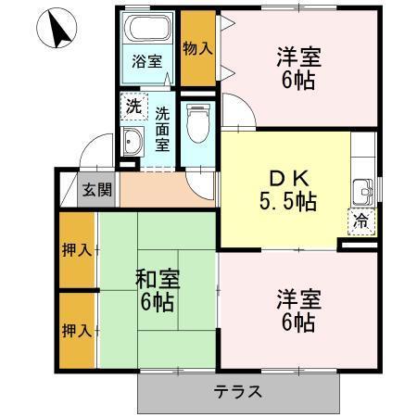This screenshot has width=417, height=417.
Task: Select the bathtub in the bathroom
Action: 147,31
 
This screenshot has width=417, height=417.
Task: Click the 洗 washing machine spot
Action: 134,106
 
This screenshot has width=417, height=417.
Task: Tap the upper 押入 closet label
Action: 76,249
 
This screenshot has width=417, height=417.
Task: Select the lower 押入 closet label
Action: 76,329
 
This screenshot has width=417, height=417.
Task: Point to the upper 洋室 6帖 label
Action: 298,69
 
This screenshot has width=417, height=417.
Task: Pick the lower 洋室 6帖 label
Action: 298,310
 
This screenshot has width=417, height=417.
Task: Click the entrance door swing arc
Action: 90,153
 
